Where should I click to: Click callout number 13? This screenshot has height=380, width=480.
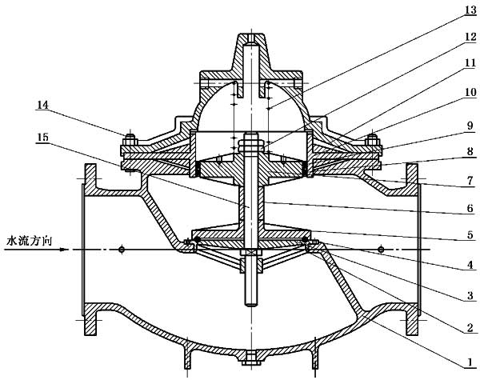(x=471, y=10)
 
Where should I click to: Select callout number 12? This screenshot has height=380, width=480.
(x=471, y=37)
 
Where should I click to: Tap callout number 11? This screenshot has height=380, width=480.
(x=471, y=63)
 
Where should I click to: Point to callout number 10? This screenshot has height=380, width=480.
(x=471, y=92)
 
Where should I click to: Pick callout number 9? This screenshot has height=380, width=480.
(x=470, y=126)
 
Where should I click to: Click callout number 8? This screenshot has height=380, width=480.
(x=470, y=152)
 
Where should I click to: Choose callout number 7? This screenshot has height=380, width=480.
(x=470, y=181)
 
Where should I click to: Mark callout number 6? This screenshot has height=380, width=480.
(x=470, y=209)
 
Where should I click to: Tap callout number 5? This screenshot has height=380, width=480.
(x=470, y=235)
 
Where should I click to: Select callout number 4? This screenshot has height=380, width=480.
(x=470, y=264)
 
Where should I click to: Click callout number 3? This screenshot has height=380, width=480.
(x=470, y=295)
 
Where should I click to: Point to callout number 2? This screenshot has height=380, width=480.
(x=470, y=328)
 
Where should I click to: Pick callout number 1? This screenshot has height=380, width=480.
(x=470, y=362)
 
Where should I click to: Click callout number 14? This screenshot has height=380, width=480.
(x=43, y=106)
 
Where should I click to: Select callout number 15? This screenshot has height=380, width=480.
(x=43, y=138)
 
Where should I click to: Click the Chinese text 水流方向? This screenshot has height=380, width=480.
(x=30, y=242)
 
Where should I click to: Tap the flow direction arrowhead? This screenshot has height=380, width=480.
(x=64, y=250)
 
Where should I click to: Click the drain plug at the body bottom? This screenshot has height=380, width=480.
(x=251, y=358)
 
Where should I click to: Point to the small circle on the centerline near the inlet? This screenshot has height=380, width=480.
(x=122, y=250)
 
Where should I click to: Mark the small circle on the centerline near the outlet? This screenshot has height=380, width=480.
(x=381, y=250)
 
